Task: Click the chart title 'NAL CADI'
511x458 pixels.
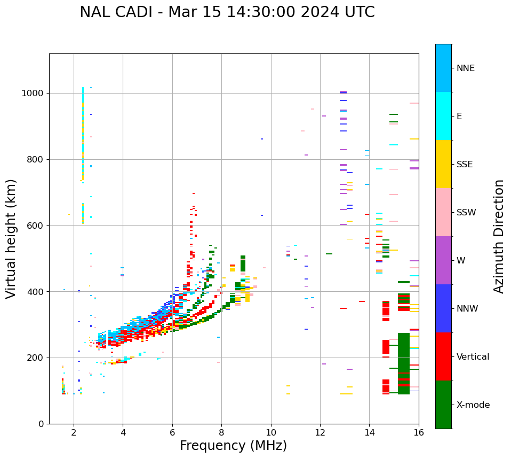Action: coord(113,12)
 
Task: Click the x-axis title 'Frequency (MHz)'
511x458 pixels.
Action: coord(233,446)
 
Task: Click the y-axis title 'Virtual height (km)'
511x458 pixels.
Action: coord(11,239)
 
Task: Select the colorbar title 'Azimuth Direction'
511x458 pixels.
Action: coord(499,236)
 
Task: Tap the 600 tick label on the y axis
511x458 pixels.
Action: coord(36,226)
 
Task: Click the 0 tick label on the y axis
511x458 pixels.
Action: coord(41,424)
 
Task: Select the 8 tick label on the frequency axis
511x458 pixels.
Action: coord(221,433)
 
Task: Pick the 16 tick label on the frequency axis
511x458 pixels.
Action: coord(419,433)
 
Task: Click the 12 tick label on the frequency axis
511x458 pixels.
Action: coord(320,433)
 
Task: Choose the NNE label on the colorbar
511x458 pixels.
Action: coord(465,68)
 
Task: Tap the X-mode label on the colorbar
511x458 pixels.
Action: coord(473,405)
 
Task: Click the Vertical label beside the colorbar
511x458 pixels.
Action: coord(473,357)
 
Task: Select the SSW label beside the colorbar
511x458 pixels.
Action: coord(466,213)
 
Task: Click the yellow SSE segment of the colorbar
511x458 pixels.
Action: coord(443,164)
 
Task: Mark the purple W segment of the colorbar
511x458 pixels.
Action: coord(443,260)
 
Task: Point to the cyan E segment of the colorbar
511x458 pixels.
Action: coord(443,116)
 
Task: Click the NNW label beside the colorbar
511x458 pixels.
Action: coord(467,309)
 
